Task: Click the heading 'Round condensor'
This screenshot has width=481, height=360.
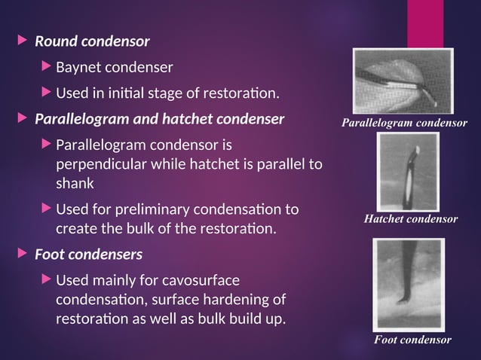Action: [x=93, y=40]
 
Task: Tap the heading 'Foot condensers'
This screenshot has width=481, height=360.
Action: [x=88, y=254]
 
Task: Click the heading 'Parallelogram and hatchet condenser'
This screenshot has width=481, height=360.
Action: [x=160, y=119]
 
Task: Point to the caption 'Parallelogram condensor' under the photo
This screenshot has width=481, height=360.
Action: [x=404, y=122]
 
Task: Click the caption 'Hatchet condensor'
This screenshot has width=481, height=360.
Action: [x=411, y=219]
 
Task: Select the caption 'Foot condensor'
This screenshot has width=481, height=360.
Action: [x=413, y=340]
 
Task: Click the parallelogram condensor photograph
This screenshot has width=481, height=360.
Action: [x=404, y=81]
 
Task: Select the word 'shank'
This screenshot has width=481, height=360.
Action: [x=73, y=182]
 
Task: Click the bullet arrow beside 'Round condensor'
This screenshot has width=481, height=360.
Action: [x=21, y=40]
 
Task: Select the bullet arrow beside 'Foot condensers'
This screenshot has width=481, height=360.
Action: [x=21, y=254]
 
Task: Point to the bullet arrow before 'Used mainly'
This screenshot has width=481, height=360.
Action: [x=47, y=281]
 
